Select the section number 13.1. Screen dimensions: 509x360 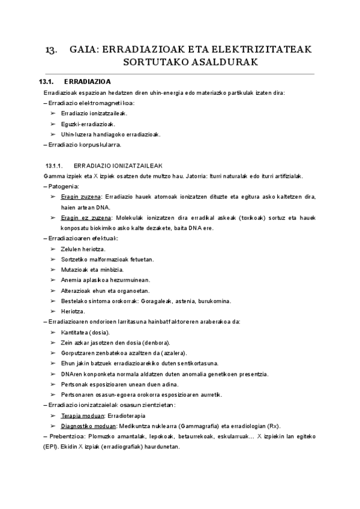click(x=46, y=82)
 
